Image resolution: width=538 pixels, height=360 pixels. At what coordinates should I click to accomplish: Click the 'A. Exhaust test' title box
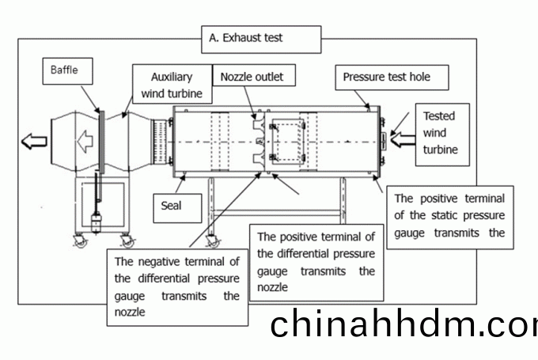261,39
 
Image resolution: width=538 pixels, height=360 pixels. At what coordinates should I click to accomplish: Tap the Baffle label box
67,71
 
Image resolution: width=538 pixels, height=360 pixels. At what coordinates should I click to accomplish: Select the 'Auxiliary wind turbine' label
172,84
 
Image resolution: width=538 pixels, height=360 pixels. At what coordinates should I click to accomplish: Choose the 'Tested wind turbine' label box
442,135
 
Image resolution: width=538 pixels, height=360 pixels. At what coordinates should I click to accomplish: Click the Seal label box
177,208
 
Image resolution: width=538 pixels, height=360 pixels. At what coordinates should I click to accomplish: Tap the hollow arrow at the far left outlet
34,141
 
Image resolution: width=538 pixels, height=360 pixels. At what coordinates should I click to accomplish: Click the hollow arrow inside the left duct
85,141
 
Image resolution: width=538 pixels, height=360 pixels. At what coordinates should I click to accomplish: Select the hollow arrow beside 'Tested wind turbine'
403,140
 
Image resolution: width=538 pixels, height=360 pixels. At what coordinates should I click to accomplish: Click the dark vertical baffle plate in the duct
101,142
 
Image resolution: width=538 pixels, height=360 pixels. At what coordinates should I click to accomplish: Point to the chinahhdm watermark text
403,324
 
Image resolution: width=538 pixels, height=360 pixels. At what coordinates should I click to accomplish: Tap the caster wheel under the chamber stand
213,241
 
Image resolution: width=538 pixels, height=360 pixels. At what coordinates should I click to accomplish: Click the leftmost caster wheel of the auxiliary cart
81,241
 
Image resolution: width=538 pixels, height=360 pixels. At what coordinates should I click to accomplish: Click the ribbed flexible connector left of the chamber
160,141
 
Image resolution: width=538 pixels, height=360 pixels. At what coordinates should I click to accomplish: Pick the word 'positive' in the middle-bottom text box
298,237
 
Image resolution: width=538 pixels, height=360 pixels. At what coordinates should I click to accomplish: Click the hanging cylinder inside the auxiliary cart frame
96,222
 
